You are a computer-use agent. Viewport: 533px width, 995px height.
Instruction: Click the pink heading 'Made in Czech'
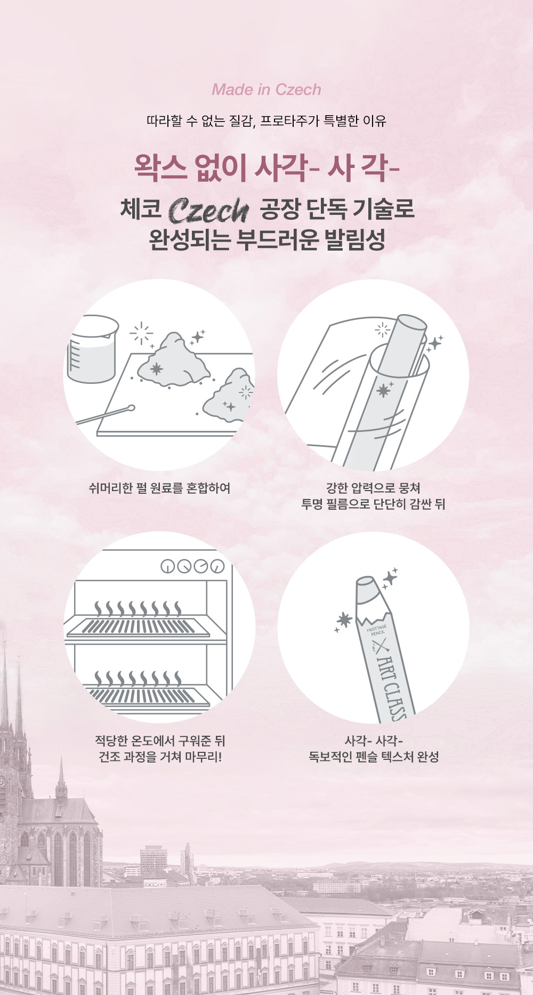pyautogui.click(x=266, y=90)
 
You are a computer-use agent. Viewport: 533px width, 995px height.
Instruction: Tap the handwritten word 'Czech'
pyautogui.click(x=208, y=211)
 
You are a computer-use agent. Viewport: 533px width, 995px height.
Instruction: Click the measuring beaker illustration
pyautogui.click(x=92, y=349)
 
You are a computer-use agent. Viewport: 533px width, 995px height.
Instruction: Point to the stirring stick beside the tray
pyautogui.click(x=105, y=415)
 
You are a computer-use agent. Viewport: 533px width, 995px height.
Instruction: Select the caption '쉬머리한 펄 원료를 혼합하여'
pyautogui.click(x=159, y=488)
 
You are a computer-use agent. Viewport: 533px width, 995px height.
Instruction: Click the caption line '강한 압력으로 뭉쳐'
pyautogui.click(x=373, y=488)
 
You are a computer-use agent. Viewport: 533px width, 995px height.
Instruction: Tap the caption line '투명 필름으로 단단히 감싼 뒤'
pyautogui.click(x=373, y=504)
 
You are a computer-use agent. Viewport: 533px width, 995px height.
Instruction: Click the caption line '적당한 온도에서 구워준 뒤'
pyautogui.click(x=160, y=741)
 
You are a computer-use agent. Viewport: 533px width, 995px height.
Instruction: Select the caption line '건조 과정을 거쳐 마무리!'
pyautogui.click(x=160, y=757)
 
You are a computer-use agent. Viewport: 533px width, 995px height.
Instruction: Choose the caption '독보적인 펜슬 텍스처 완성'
pyautogui.click(x=374, y=757)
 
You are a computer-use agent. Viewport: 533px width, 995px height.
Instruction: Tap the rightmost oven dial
pyautogui.click(x=217, y=566)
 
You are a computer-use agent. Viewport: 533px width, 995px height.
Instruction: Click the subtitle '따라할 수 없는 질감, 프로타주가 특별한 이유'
pyautogui.click(x=266, y=121)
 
